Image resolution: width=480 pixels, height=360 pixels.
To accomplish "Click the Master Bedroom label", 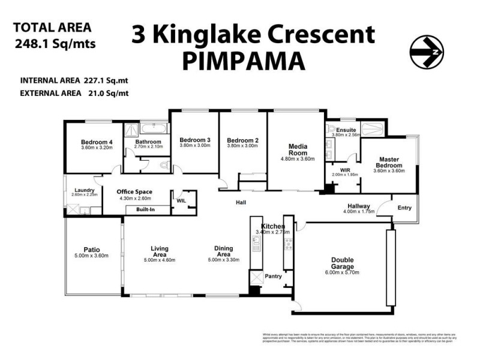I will (x=388, y=162).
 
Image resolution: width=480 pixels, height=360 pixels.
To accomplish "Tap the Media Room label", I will (x=298, y=149).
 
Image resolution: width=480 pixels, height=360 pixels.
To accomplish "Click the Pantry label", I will (x=274, y=277).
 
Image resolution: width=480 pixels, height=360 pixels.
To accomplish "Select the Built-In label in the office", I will (x=146, y=210).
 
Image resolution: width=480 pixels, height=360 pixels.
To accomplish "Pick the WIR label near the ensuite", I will (x=345, y=170).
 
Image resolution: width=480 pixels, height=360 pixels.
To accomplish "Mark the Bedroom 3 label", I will (x=195, y=140).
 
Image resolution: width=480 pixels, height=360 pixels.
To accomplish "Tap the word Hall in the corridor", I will (x=241, y=203).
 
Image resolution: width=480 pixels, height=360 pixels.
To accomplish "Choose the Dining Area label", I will (x=224, y=251).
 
